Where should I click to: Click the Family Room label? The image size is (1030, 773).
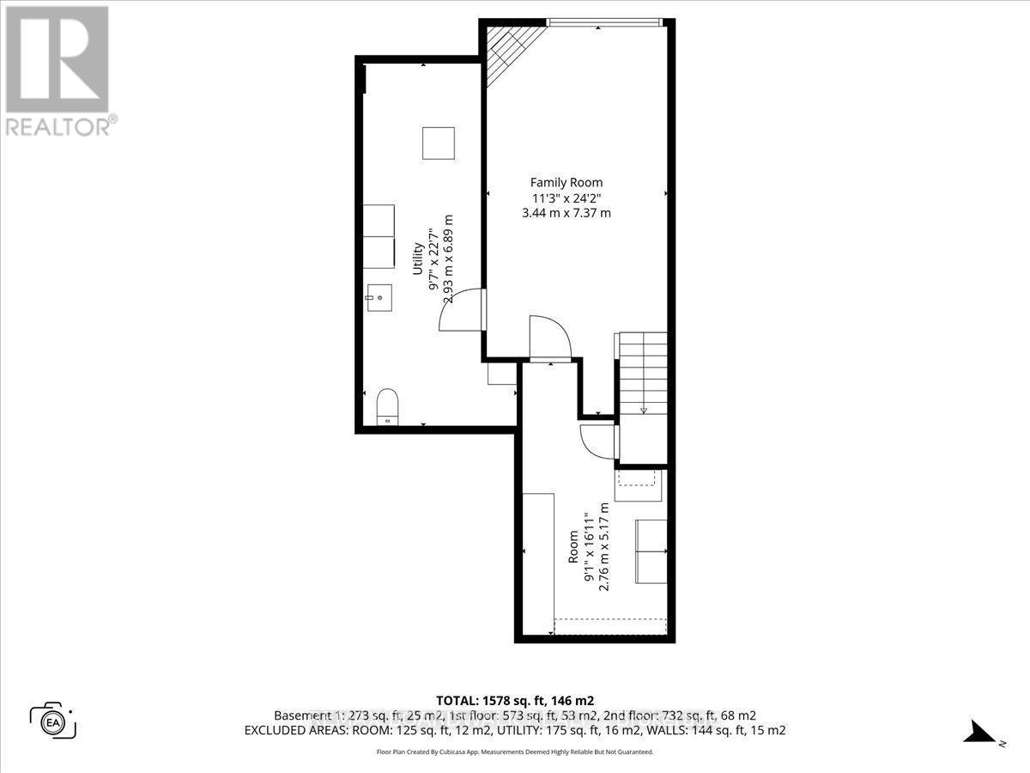(x=566, y=182)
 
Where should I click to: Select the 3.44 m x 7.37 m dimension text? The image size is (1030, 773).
(x=566, y=213)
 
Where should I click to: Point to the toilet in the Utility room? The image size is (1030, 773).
(x=387, y=405)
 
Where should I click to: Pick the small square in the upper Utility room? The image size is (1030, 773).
(x=438, y=143)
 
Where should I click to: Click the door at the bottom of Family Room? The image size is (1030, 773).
(x=548, y=337)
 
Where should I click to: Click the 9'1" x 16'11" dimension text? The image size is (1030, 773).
(x=590, y=546)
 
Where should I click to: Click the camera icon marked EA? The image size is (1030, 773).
(x=53, y=718)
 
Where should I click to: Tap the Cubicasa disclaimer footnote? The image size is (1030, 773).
(x=515, y=752)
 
